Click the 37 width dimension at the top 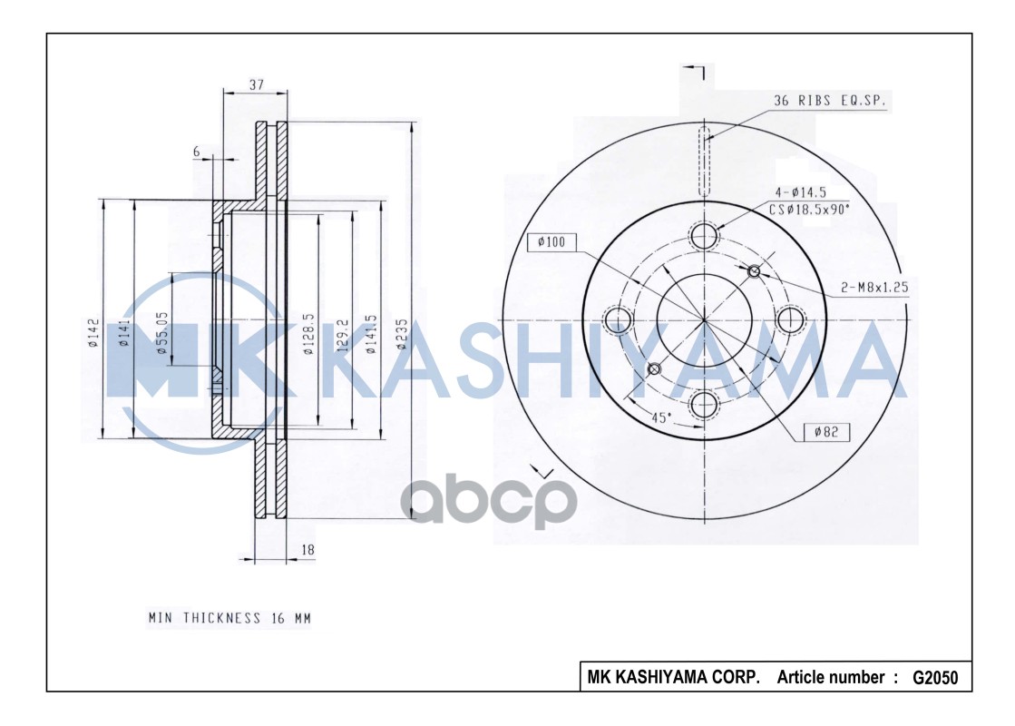pyautogui.click(x=256, y=84)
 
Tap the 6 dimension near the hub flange pyautogui.click(x=196, y=152)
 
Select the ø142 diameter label pyautogui.click(x=93, y=332)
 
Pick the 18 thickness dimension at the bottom pyautogui.click(x=307, y=550)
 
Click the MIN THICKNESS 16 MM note pyautogui.click(x=229, y=618)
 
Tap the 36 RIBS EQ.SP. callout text pyautogui.click(x=828, y=101)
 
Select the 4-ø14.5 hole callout pyautogui.click(x=799, y=192)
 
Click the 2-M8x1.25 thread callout pyautogui.click(x=873, y=288)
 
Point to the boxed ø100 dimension pyautogui.click(x=551, y=242)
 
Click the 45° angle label pyautogui.click(x=660, y=417)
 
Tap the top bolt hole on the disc pyautogui.click(x=704, y=236)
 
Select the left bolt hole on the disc pyautogui.click(x=619, y=319)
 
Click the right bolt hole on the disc pyautogui.click(x=790, y=319)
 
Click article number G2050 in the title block pyautogui.click(x=934, y=678)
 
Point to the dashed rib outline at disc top pyautogui.click(x=704, y=162)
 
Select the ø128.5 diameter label pyautogui.click(x=308, y=334)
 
